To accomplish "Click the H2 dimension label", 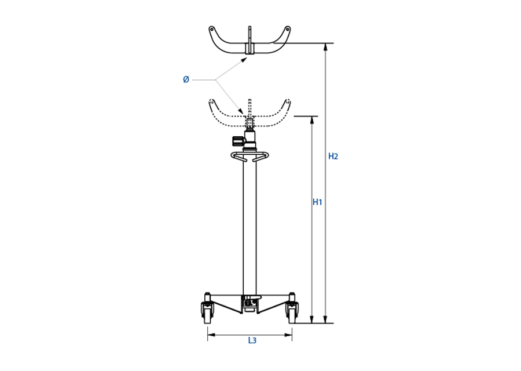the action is pyautogui.click(x=333, y=156).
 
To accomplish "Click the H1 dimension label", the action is pyautogui.click(x=317, y=202).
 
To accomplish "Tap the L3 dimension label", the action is pyautogui.click(x=252, y=340).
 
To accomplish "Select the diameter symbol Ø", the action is pyautogui.click(x=186, y=79).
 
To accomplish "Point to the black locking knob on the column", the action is pyautogui.click(x=237, y=141).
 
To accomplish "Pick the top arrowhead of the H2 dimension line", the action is pyautogui.click(x=325, y=47).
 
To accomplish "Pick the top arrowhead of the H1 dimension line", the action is pyautogui.click(x=311, y=120).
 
